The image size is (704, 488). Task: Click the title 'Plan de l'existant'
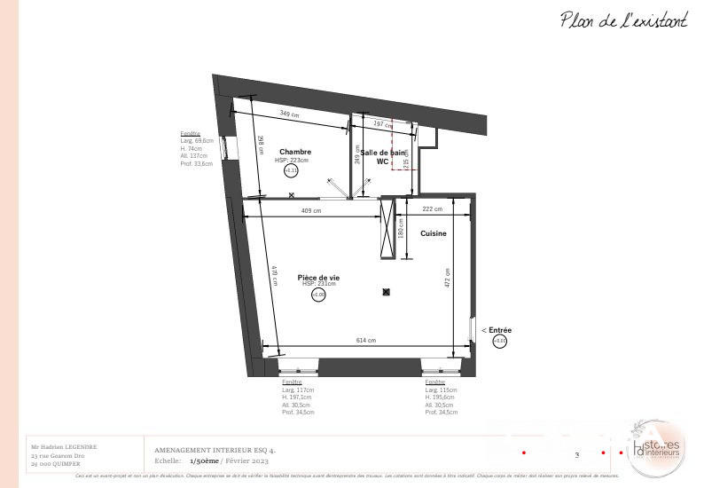[623, 20]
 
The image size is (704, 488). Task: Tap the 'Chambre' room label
[295, 152]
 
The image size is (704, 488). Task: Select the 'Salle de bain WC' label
[382, 157]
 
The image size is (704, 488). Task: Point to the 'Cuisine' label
[434, 233]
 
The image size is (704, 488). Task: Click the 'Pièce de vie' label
[318, 278]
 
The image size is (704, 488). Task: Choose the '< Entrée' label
[497, 330]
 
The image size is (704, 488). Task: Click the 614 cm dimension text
[366, 341]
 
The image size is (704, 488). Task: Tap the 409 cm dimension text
[311, 211]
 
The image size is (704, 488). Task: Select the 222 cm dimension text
[433, 209]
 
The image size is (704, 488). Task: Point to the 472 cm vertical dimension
[448, 278]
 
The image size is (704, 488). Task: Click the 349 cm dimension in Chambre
[288, 114]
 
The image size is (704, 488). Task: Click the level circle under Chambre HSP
[291, 171]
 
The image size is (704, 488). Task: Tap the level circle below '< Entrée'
[499, 341]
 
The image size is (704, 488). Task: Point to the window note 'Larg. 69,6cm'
[197, 140]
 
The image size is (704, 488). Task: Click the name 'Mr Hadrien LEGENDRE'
[64, 446]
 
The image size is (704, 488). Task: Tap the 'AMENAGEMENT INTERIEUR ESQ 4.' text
[215, 451]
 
